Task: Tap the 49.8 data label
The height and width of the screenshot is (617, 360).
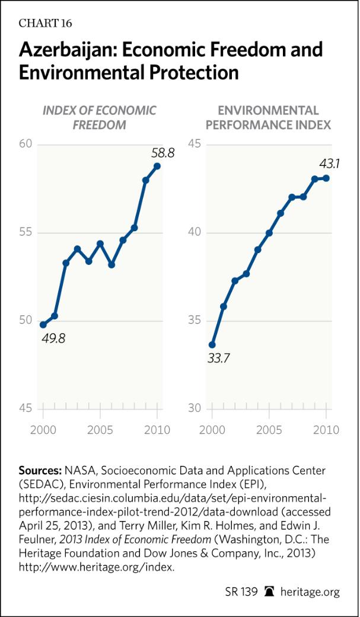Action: [52, 339]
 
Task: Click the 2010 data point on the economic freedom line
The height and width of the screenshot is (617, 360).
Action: [157, 166]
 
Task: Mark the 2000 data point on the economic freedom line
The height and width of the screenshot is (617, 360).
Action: [43, 325]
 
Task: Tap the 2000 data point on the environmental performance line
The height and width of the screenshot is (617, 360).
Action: [212, 344]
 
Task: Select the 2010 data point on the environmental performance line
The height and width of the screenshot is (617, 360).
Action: [326, 178]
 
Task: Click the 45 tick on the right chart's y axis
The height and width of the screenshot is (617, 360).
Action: [194, 145]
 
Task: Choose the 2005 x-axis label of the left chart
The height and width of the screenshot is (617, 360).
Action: [100, 430]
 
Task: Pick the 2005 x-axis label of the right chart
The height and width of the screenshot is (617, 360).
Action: [269, 430]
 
